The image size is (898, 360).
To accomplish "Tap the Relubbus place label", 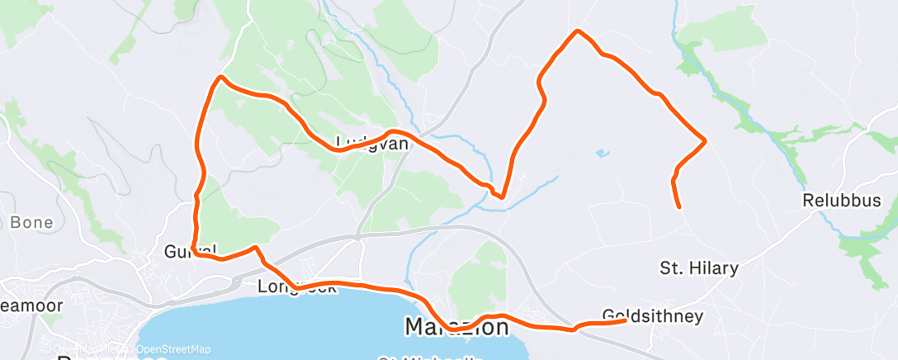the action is [842, 201].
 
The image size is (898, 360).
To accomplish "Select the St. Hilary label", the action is [698, 268].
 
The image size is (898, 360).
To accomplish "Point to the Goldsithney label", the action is [653, 316].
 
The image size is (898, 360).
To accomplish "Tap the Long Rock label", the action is [297, 287].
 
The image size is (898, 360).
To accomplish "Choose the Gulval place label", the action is [190, 249].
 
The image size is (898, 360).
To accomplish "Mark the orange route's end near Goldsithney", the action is [625, 320].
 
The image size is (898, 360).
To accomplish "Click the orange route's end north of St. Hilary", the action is [678, 206].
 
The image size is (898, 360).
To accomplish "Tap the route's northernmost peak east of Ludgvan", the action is [577, 31].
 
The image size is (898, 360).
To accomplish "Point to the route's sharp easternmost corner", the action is [705, 140].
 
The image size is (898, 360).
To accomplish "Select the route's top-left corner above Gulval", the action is [220, 78].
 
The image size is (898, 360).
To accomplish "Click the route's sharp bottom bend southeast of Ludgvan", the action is [501, 196].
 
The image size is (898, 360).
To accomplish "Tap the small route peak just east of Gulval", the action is [257, 247].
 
